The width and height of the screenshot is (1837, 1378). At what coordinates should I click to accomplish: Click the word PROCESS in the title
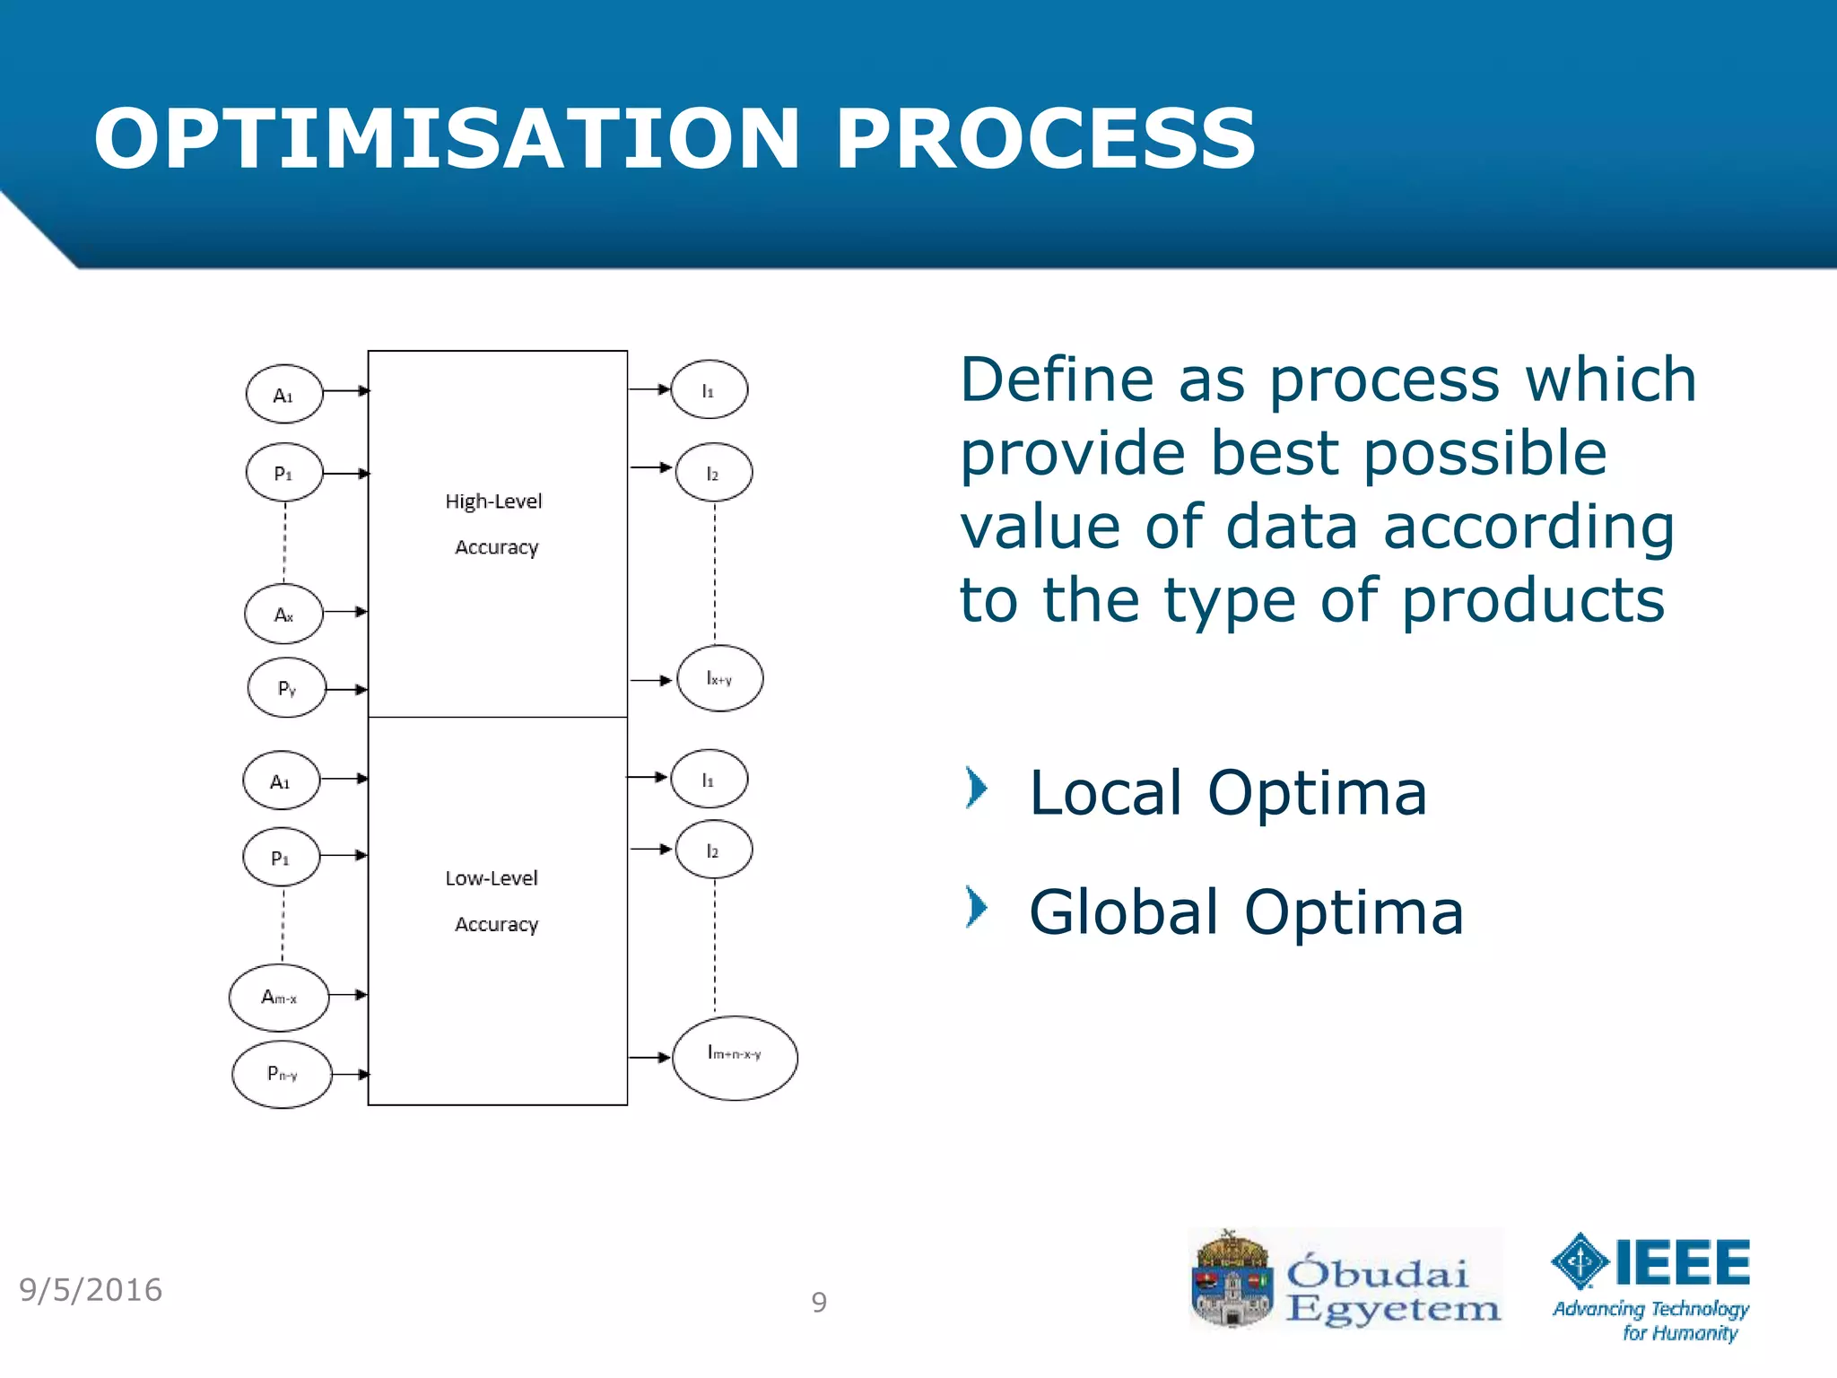coord(1045,139)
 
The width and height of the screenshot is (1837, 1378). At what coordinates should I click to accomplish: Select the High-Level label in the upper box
coord(493,501)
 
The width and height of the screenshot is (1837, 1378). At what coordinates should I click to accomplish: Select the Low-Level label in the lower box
coord(492,878)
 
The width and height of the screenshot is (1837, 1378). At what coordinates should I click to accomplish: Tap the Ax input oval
coord(283,615)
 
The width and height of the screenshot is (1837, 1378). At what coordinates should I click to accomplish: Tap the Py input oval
coord(286,688)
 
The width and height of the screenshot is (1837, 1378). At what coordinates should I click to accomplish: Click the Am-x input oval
coord(279,998)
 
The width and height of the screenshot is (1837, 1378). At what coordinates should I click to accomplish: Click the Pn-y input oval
coord(282,1074)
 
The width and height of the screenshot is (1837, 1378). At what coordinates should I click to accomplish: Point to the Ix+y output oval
coord(719,678)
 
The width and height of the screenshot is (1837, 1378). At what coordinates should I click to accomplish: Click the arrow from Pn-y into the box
coord(350,1074)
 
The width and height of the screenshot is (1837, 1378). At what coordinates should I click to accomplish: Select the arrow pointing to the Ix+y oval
coord(651,680)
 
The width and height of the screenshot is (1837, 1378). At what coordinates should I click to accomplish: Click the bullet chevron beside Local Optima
coord(976,789)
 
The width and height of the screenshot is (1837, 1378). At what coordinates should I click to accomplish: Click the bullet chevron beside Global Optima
coord(976,907)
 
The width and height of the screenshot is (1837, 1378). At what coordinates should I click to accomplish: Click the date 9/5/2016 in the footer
coord(91,1290)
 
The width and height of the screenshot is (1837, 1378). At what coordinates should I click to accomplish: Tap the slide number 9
coord(819,1302)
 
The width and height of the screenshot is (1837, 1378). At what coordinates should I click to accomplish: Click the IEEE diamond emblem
coord(1580,1261)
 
